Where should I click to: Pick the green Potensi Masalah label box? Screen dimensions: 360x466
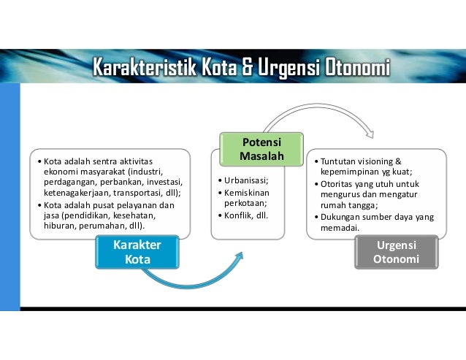coord(261,149)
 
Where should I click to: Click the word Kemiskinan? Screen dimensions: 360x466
coord(250,191)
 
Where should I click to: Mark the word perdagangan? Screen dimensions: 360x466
coord(70,182)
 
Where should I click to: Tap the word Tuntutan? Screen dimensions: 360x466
coord(337,161)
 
